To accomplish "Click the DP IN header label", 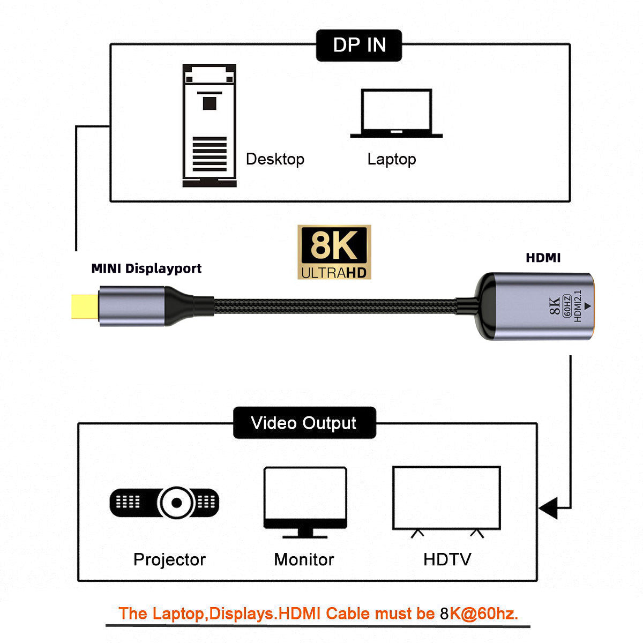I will (x=359, y=45).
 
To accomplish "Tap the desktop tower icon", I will (x=209, y=125).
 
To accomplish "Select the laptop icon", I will (x=396, y=114).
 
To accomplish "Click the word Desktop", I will (x=275, y=159).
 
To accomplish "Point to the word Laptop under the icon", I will (x=391, y=159).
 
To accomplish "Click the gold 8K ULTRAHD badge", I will (x=334, y=252).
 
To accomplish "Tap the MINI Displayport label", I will (x=146, y=268).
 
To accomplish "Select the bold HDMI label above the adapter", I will (x=543, y=258).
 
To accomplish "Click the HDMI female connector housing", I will (x=536, y=306).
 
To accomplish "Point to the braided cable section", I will (x=332, y=306).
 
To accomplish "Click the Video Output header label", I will (x=304, y=423).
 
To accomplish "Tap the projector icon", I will (x=165, y=503).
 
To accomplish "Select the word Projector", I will (x=169, y=559).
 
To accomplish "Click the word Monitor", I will (x=304, y=559).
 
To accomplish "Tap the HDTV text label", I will (x=447, y=559).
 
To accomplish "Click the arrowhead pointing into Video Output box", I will (x=548, y=507).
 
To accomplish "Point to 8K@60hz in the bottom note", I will (x=479, y=614).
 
